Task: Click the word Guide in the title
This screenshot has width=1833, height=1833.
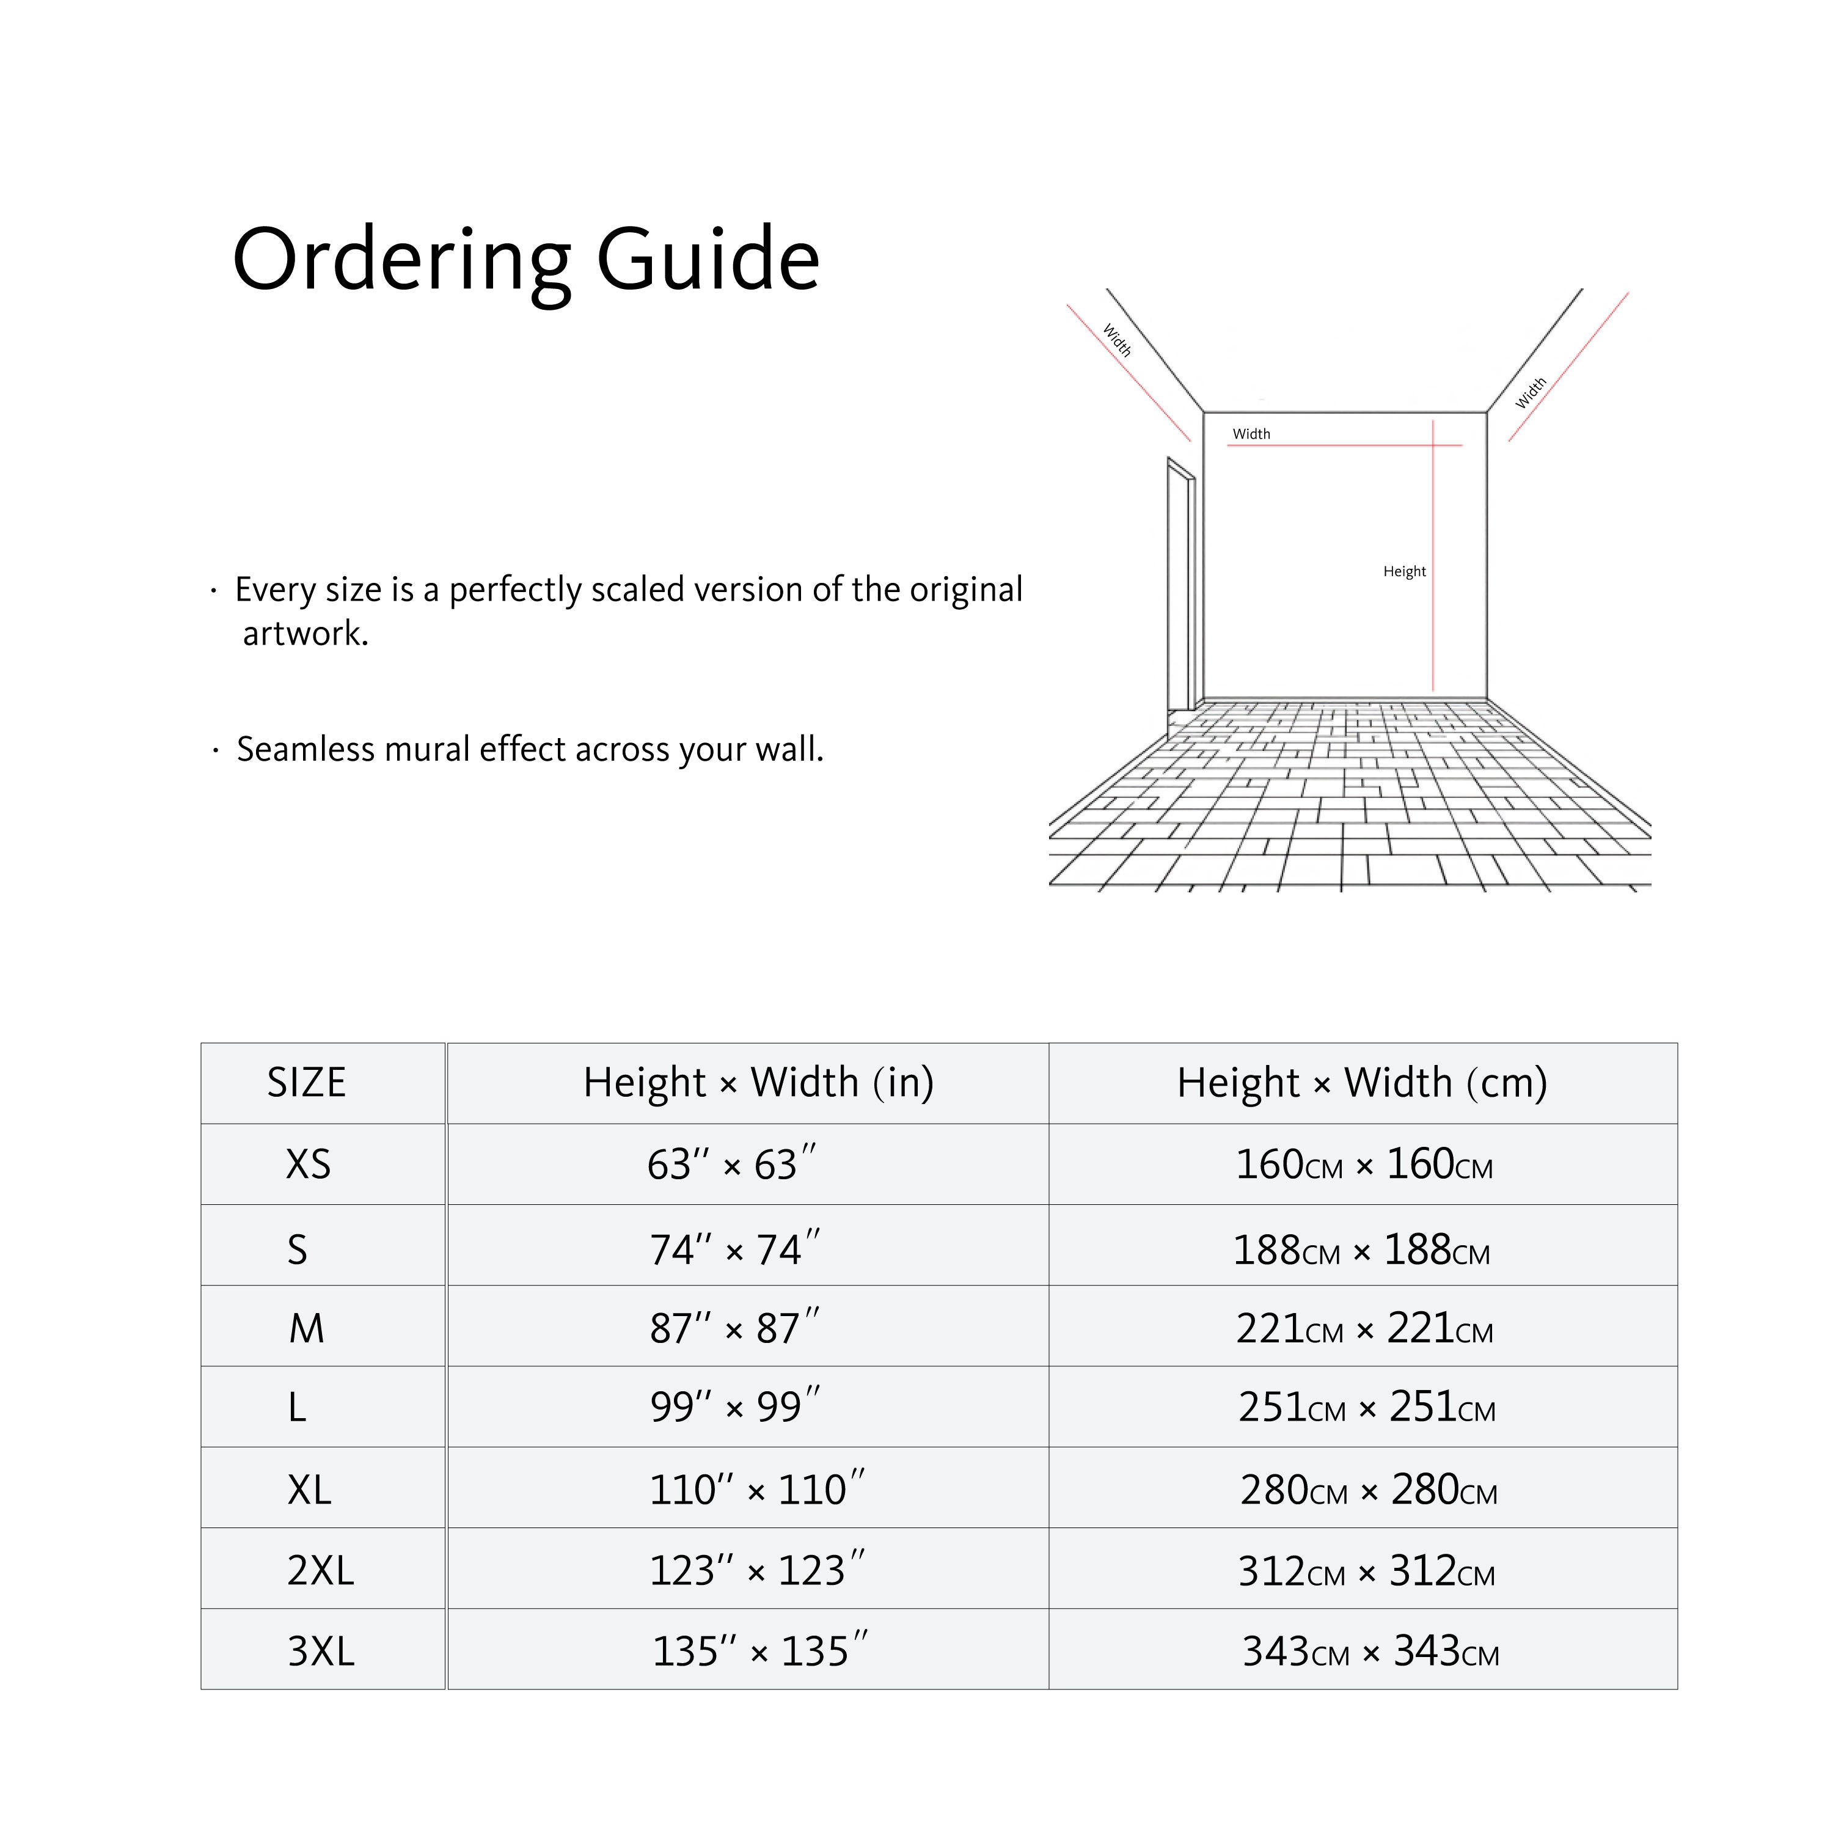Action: point(708,259)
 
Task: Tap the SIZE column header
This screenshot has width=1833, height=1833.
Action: point(307,1083)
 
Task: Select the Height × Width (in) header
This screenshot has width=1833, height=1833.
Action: point(758,1083)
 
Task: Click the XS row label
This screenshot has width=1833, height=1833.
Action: point(309,1164)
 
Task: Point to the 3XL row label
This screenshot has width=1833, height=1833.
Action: point(321,1652)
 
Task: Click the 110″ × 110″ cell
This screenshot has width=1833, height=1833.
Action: point(756,1490)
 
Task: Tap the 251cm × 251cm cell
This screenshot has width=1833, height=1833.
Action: point(1366,1408)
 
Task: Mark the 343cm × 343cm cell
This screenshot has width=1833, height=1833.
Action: point(1370,1652)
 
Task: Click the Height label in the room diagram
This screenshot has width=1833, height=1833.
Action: point(1404,571)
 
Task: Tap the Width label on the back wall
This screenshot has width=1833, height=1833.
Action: point(1251,434)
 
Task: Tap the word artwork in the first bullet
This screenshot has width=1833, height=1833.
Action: point(304,634)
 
